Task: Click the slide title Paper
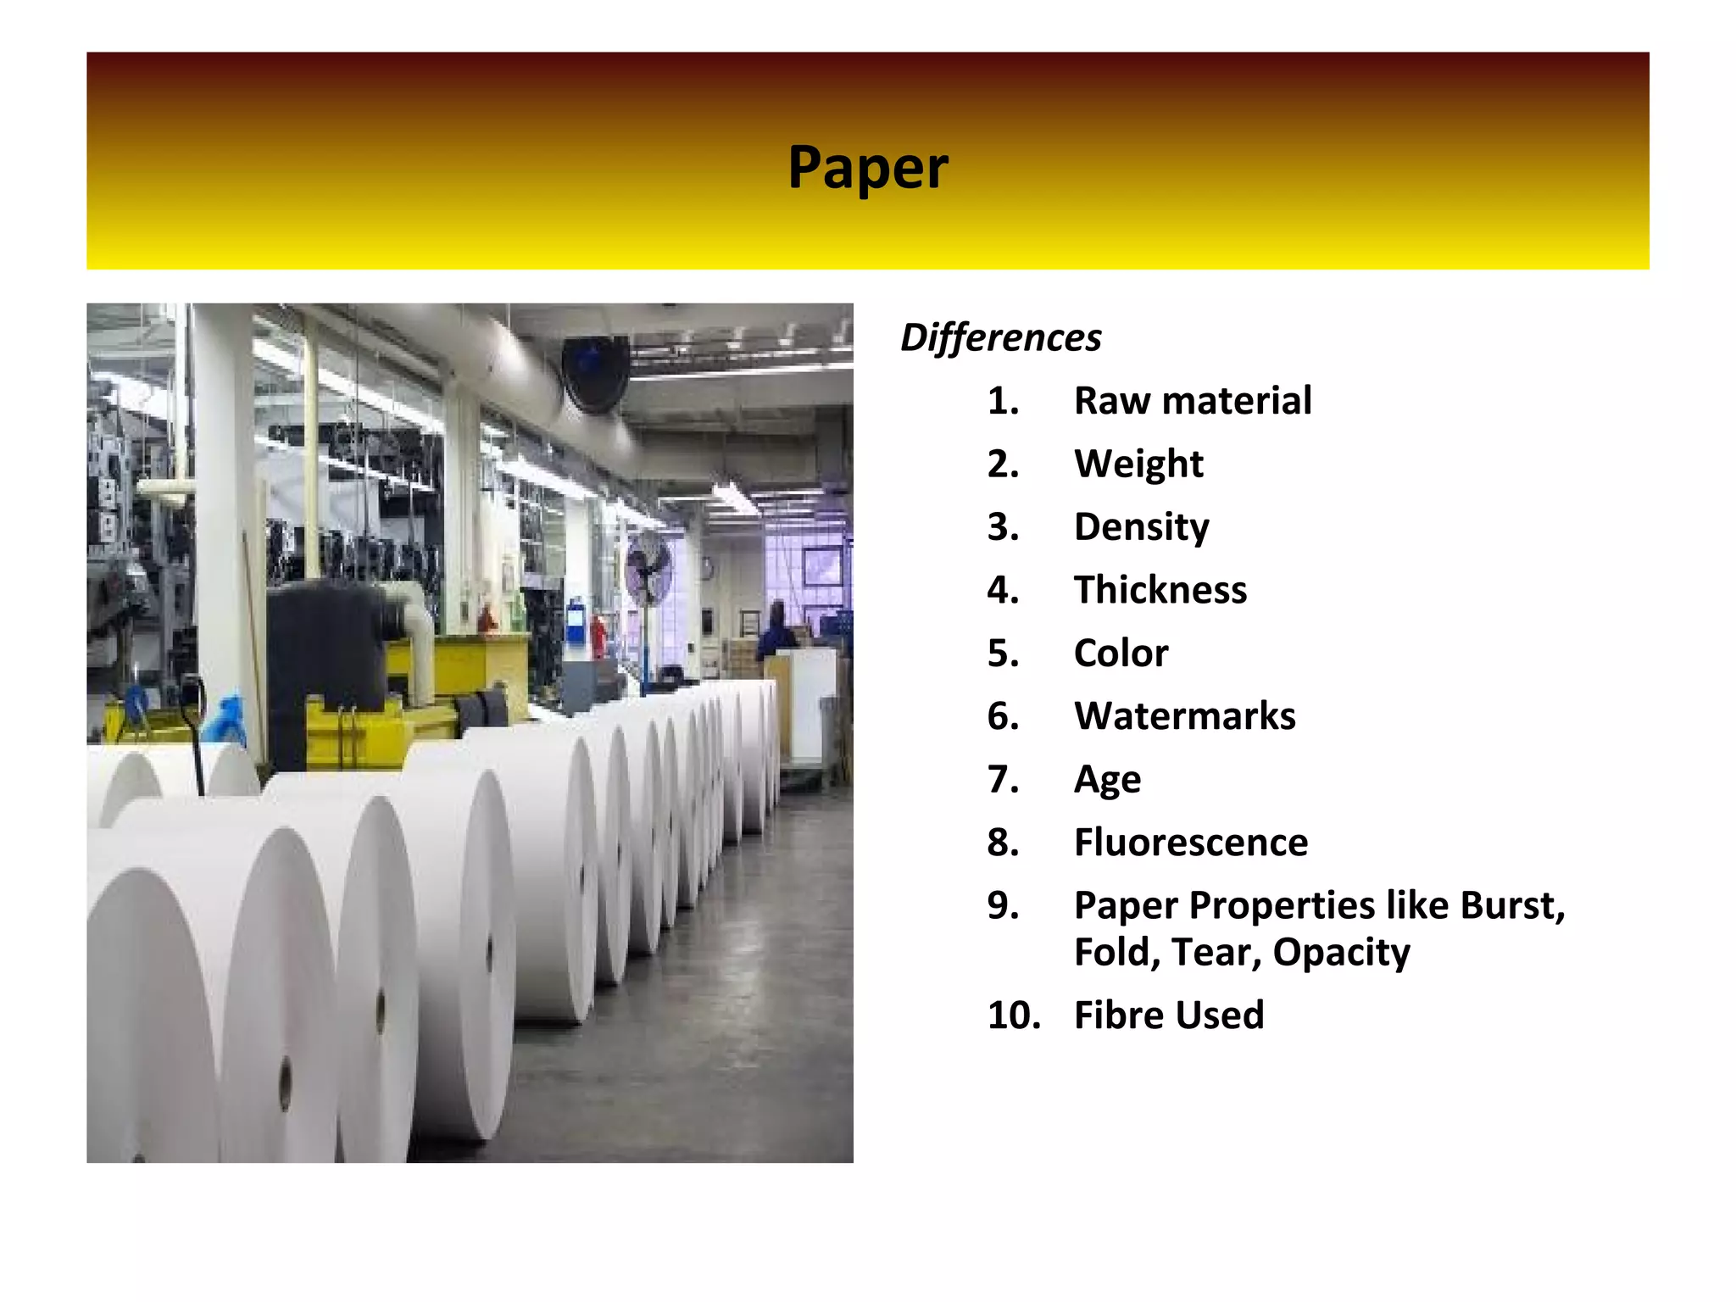(x=867, y=167)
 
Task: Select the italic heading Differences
(x=1000, y=337)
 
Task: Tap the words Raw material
(x=1192, y=401)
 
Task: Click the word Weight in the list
(x=1138, y=465)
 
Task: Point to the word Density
(x=1141, y=527)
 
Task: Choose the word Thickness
(x=1160, y=590)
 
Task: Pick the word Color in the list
(x=1121, y=654)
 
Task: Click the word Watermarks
(x=1184, y=716)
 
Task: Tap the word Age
(x=1107, y=780)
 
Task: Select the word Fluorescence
(x=1190, y=843)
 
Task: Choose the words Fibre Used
(x=1168, y=1015)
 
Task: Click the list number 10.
(x=1013, y=1015)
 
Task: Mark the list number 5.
(x=1002, y=654)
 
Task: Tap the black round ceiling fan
(x=596, y=372)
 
